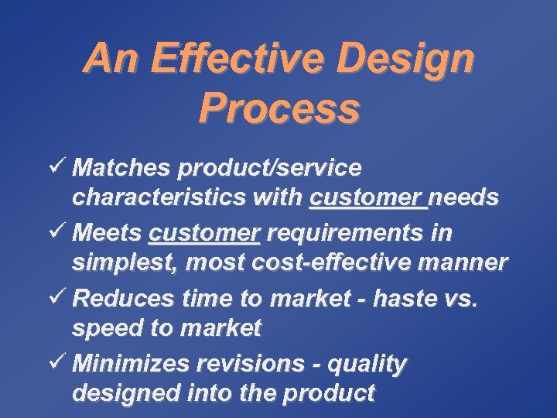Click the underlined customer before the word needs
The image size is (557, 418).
pos(367,198)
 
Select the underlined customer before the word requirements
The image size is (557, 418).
pos(204,232)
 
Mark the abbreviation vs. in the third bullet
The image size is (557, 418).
pos(460,298)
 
